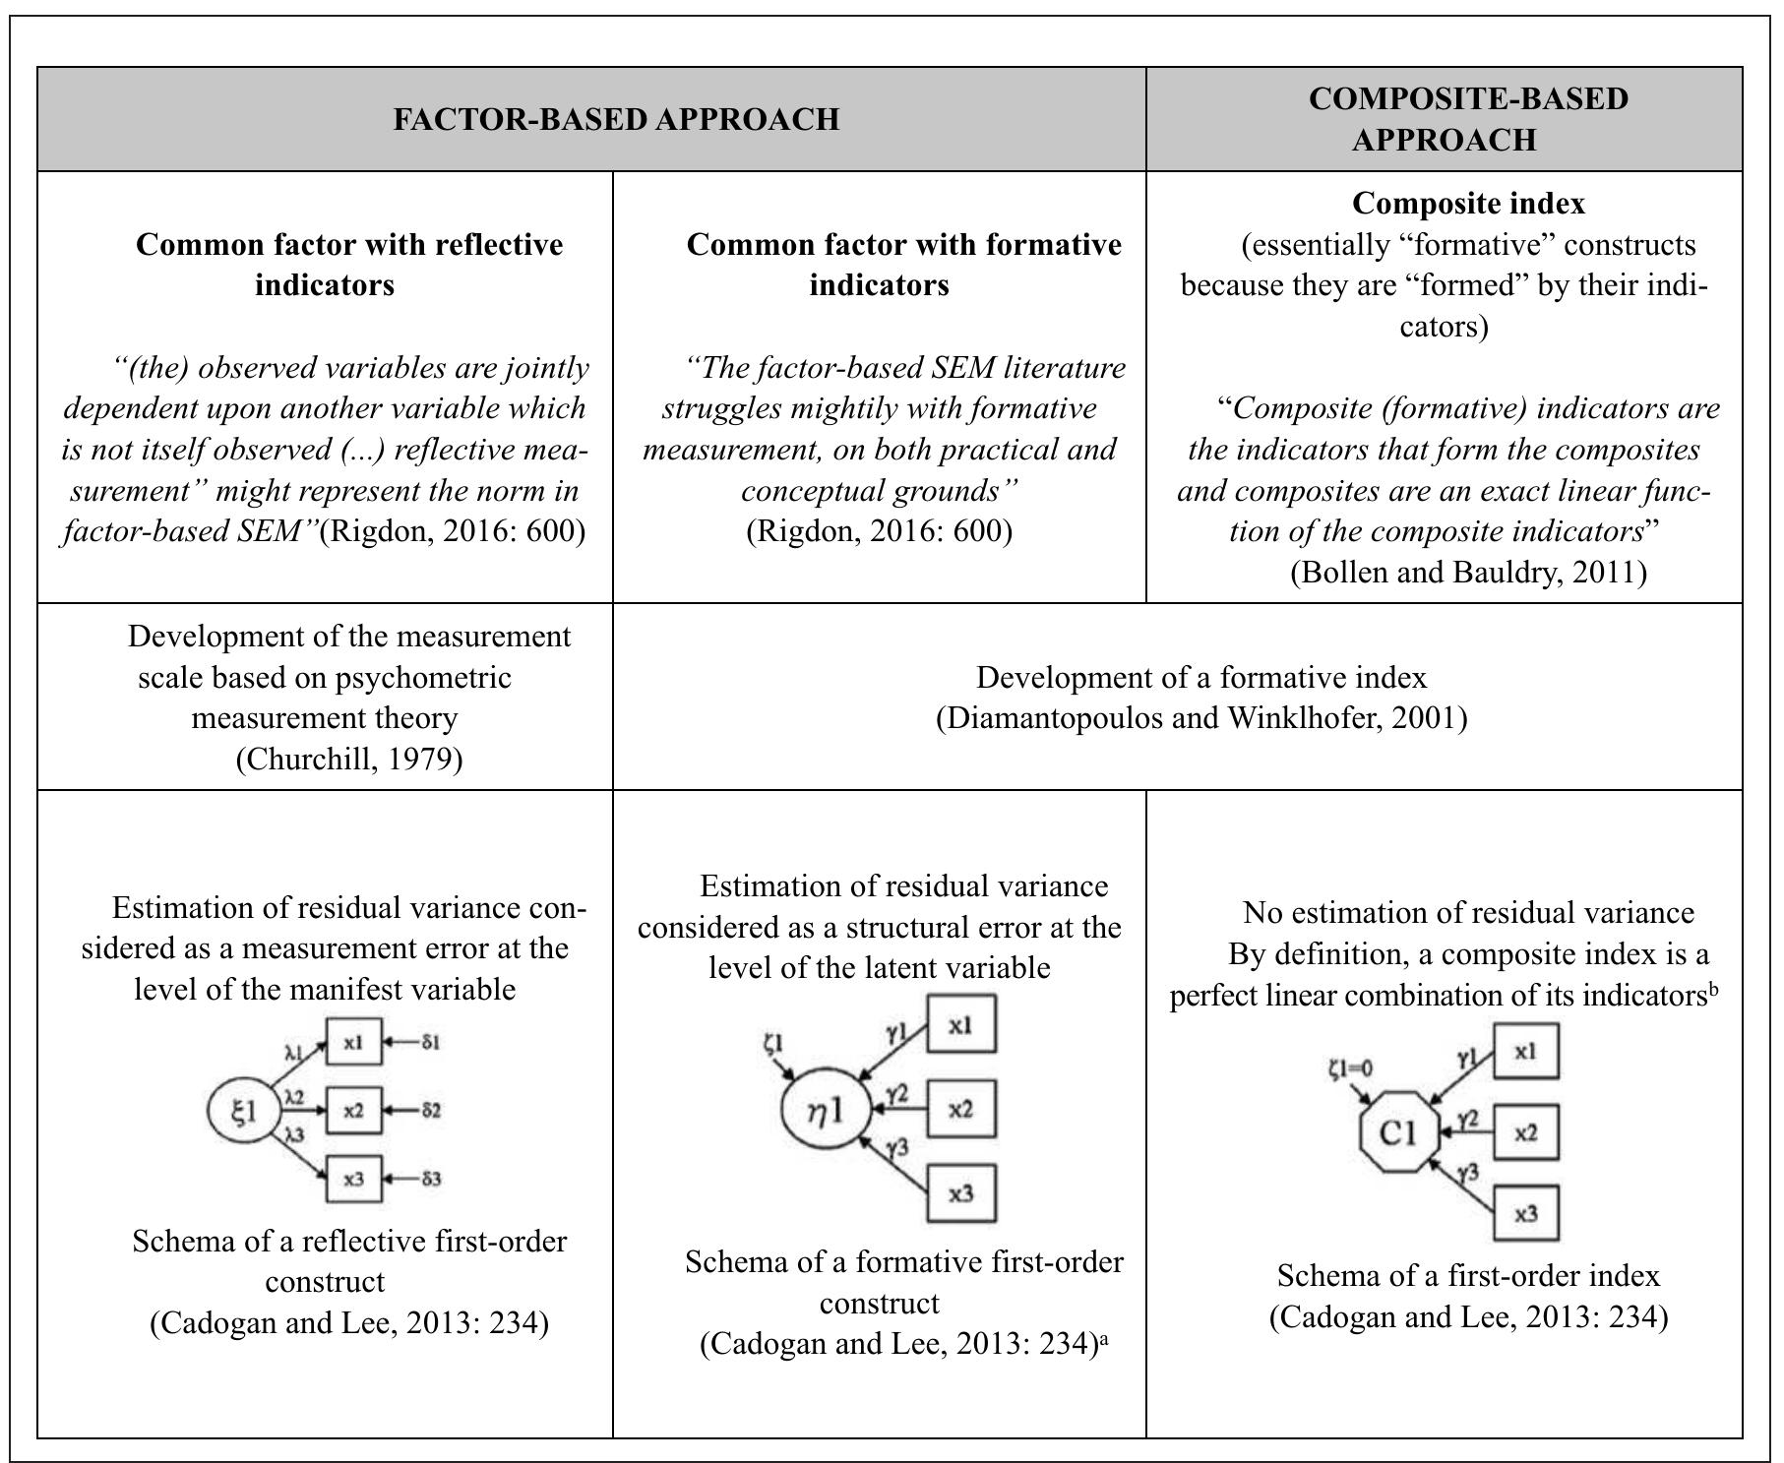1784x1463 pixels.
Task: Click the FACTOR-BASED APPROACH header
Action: pos(616,119)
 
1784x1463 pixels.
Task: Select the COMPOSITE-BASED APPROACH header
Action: pos(1443,119)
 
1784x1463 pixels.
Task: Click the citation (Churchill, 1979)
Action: pos(349,760)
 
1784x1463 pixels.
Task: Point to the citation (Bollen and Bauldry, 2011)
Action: pos(1468,572)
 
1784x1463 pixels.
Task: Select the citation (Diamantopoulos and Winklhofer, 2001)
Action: pos(1200,718)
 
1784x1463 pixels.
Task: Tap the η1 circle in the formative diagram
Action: pos(826,1110)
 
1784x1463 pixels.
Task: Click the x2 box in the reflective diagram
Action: pos(353,1111)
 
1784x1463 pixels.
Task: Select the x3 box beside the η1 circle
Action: pos(960,1193)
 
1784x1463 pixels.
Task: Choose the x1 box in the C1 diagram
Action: pos(1525,1052)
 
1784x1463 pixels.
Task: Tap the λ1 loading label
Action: pos(293,1052)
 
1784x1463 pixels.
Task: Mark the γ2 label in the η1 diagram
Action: pos(896,1094)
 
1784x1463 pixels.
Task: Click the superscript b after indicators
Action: pos(1713,990)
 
